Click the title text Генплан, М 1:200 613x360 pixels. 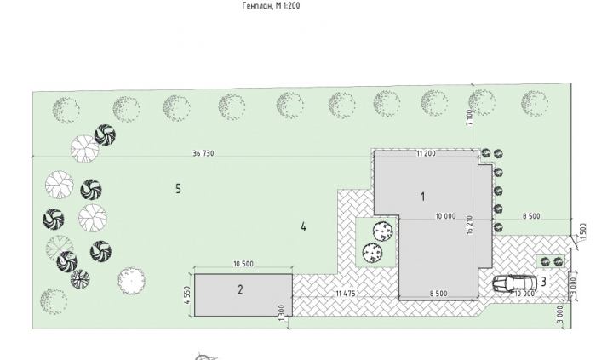pyautogui.click(x=272, y=5)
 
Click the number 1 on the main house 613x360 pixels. pyautogui.click(x=422, y=197)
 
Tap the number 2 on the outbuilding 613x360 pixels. pyautogui.click(x=240, y=289)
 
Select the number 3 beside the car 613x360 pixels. pyautogui.click(x=543, y=281)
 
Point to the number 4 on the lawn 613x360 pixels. pyautogui.click(x=304, y=226)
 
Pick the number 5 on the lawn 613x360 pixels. pyautogui.click(x=178, y=189)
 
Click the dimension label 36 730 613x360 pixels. pyautogui.click(x=203, y=153)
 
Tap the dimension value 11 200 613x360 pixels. pyautogui.click(x=427, y=153)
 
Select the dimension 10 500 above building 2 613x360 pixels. pyautogui.click(x=243, y=264)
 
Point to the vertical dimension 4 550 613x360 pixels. pyautogui.click(x=186, y=295)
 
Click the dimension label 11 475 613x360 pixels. pyautogui.click(x=346, y=293)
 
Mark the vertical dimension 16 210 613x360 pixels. pyautogui.click(x=469, y=226)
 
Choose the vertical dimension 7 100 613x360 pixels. pyautogui.click(x=469, y=117)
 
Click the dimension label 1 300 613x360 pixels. pyautogui.click(x=282, y=313)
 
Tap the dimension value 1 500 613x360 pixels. pyautogui.click(x=583, y=231)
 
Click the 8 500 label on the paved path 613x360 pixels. pyautogui.click(x=438, y=294)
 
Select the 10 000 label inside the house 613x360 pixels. pyautogui.click(x=445, y=216)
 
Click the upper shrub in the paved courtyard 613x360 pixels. pyautogui.click(x=383, y=231)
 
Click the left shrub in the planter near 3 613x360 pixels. pyautogui.click(x=546, y=262)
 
